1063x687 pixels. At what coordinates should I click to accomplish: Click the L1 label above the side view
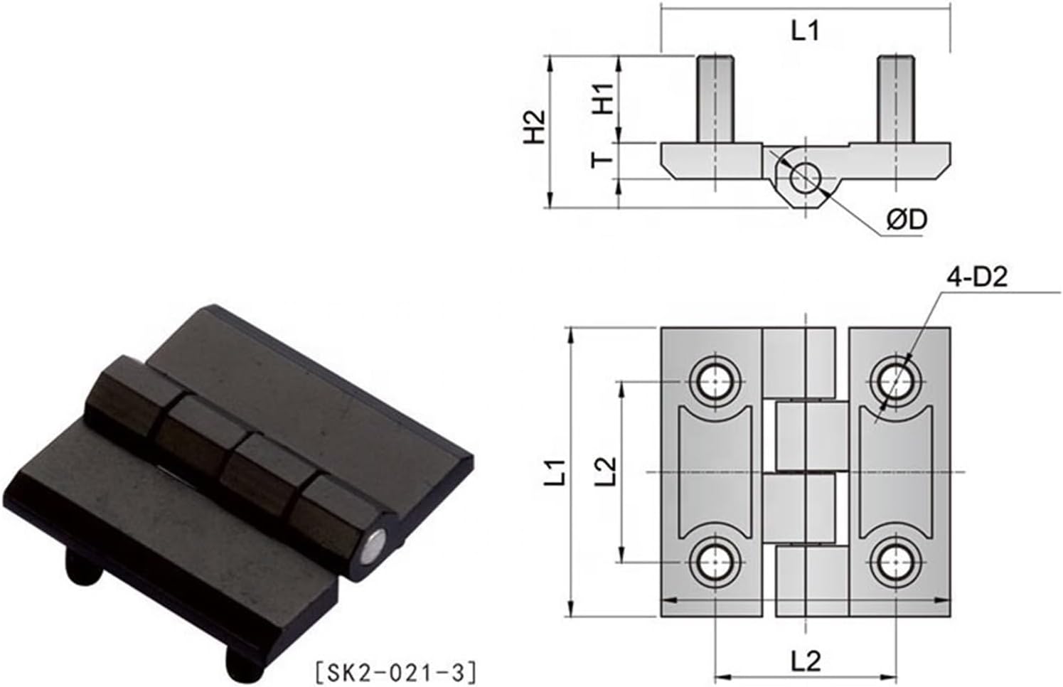coord(805,31)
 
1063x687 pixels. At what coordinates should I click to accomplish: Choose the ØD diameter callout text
coord(907,220)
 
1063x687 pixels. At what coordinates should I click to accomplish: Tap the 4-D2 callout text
coord(976,277)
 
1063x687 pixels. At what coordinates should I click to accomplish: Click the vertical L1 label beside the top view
coord(559,472)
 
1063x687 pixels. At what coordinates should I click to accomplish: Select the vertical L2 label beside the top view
coord(605,472)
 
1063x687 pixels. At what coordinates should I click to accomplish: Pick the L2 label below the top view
coord(806,662)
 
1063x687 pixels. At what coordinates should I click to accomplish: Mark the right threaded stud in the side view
coord(895,98)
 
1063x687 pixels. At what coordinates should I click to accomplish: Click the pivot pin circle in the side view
coord(805,175)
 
